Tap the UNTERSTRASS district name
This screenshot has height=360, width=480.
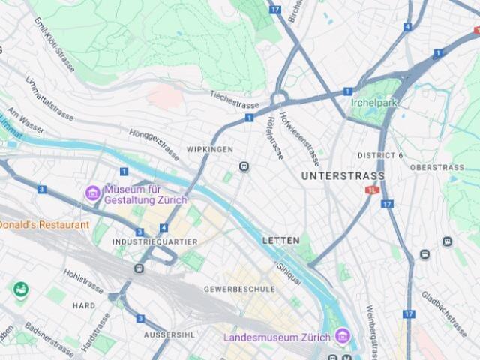tap(343, 176)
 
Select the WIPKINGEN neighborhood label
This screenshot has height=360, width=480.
tap(210, 150)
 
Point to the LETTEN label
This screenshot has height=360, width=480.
tap(281, 241)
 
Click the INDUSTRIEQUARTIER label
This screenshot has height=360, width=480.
tap(154, 242)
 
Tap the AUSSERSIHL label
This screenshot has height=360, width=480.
tap(168, 334)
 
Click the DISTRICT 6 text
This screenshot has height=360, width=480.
tap(380, 155)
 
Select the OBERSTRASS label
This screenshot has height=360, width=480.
tap(437, 167)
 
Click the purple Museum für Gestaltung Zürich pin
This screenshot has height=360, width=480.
tap(93, 193)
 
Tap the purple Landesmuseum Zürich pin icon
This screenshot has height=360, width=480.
tap(342, 334)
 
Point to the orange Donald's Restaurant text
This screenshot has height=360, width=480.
tap(44, 225)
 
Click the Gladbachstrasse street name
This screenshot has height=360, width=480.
tap(445, 310)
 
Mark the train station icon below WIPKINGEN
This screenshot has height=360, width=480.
tap(244, 166)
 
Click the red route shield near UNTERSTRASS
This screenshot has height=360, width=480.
tap(372, 190)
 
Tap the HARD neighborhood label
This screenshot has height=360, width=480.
tap(84, 306)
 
